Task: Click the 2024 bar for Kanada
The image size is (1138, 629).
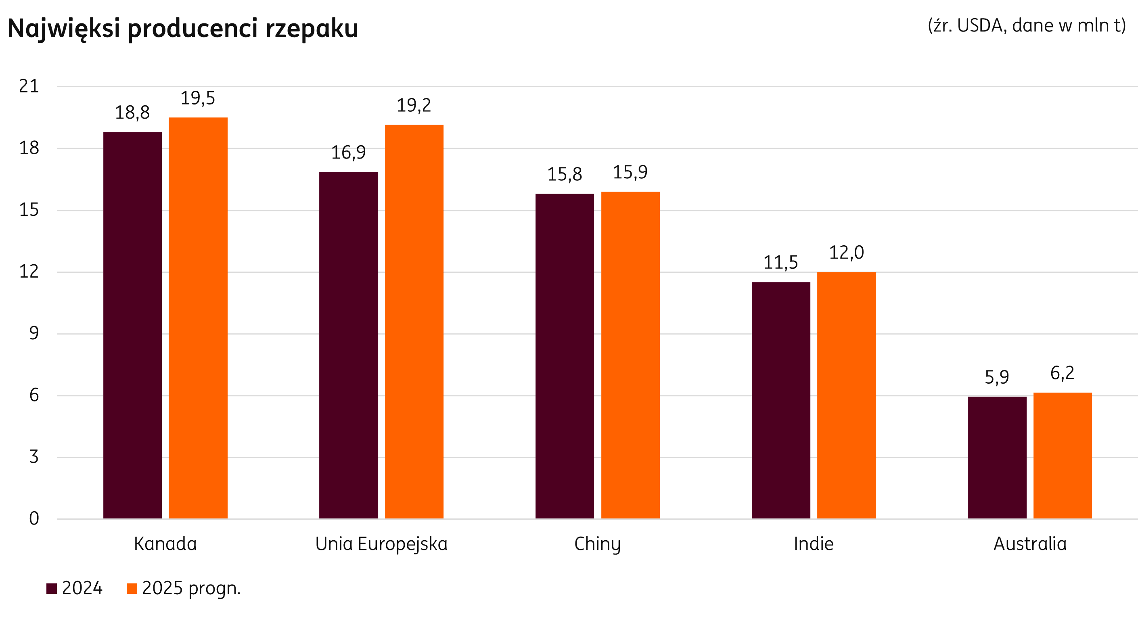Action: click(x=132, y=325)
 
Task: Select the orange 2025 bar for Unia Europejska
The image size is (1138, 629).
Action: click(x=414, y=321)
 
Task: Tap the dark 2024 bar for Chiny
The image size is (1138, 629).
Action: click(x=565, y=355)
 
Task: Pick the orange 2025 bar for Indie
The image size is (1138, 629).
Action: click(x=846, y=395)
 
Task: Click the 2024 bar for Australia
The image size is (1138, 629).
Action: click(x=997, y=457)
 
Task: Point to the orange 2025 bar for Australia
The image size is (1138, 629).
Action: click(x=1063, y=455)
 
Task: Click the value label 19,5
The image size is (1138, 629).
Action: click(x=197, y=98)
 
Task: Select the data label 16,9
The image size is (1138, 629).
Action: click(x=348, y=153)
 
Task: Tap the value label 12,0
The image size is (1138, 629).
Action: click(x=846, y=253)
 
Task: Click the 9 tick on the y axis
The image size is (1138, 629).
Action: click(x=34, y=334)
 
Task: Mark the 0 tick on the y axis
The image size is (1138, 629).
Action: click(x=34, y=518)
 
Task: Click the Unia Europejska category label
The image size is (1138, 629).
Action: click(x=381, y=544)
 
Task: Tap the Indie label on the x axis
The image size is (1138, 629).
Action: click(x=813, y=544)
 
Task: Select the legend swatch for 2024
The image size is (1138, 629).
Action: click(x=52, y=589)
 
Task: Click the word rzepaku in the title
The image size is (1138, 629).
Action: click(x=312, y=29)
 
